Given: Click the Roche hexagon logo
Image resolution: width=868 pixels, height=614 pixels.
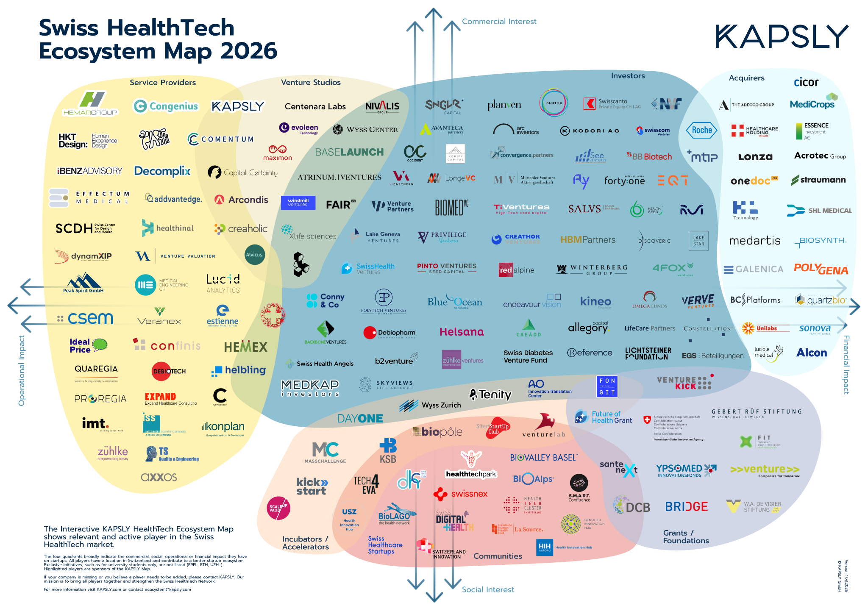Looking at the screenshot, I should [702, 130].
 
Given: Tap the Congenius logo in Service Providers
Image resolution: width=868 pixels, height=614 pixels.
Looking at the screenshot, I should [166, 106].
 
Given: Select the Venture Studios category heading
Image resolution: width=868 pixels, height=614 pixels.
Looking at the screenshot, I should [311, 82].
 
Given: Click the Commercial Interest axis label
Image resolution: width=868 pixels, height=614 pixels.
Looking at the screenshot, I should [499, 21].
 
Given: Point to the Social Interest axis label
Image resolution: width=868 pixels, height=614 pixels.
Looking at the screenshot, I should [488, 589].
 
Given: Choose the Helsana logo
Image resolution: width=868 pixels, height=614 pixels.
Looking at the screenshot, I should [462, 332].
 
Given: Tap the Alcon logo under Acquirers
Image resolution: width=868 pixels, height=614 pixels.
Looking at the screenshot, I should [811, 353].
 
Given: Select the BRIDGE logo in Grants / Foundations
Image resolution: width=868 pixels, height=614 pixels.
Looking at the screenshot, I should [686, 506].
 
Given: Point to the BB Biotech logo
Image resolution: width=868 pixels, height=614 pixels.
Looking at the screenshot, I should [649, 156].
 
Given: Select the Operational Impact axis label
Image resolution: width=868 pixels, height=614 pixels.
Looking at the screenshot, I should [22, 371].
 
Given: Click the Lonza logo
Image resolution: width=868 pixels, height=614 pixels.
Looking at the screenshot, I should [755, 157].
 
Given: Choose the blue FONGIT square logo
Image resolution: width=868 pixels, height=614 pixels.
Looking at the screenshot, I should [607, 386].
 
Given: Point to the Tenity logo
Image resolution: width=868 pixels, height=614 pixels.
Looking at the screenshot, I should [490, 395].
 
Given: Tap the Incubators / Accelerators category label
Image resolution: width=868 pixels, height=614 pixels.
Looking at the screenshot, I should [305, 543].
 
